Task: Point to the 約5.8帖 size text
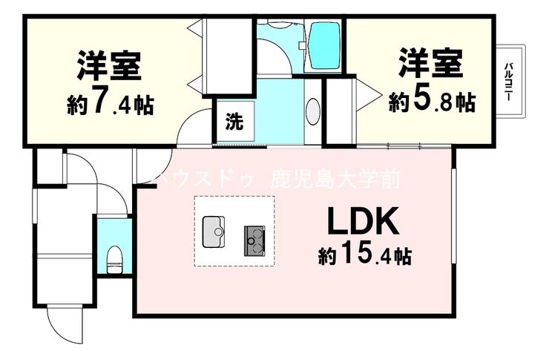coord(433,100)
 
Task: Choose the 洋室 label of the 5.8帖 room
coord(432,63)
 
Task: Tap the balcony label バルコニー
coord(510,82)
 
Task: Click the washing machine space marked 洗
coord(233,121)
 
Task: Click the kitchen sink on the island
coord(214,231)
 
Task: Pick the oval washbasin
coord(313,111)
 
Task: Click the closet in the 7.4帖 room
coord(226,56)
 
